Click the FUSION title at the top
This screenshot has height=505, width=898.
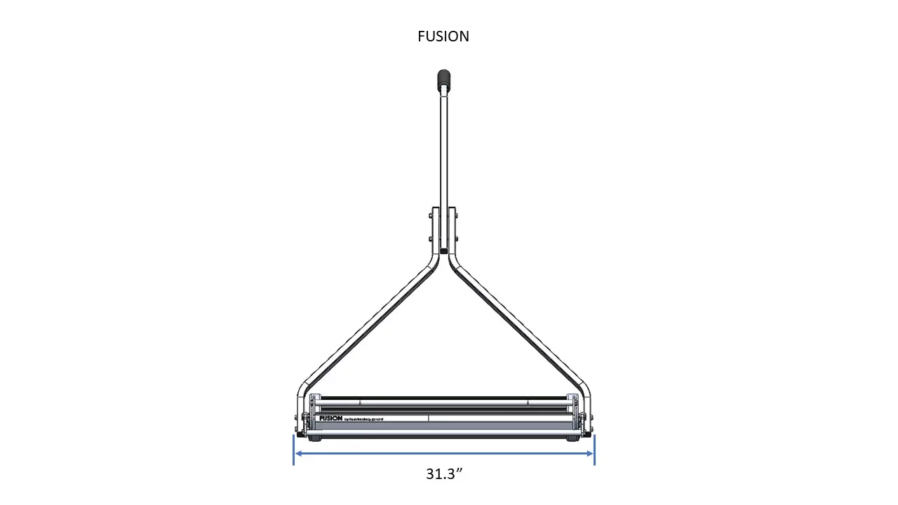(x=443, y=36)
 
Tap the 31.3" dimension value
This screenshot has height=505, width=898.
(x=444, y=473)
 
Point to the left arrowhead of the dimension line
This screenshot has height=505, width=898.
(x=297, y=453)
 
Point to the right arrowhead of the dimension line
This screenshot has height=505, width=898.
(x=591, y=453)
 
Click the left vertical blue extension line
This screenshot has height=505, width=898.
(x=293, y=450)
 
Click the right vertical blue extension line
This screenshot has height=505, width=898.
(x=595, y=450)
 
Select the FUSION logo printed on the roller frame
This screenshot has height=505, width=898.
(x=331, y=418)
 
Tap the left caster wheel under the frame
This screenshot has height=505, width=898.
(x=314, y=438)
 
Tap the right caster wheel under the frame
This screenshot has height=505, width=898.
(x=574, y=438)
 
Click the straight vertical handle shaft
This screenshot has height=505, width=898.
(x=443, y=154)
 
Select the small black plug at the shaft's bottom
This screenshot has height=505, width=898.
(x=443, y=250)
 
